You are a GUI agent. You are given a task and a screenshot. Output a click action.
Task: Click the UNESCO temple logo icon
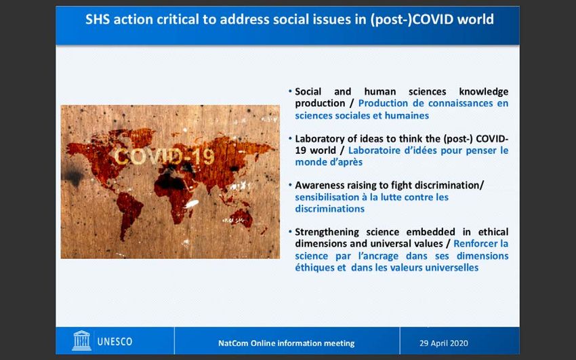click(x=81, y=340)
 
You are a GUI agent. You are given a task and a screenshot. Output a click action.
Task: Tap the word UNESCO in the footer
click(x=115, y=342)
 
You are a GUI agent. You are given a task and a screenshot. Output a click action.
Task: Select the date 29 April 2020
click(x=444, y=344)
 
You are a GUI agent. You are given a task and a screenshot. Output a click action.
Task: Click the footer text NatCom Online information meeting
click(x=287, y=344)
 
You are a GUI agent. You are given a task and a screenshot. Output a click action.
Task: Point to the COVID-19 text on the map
click(x=164, y=157)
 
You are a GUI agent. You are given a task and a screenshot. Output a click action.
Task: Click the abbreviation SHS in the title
click(x=98, y=19)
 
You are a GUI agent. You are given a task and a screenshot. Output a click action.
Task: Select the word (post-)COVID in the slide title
click(x=412, y=20)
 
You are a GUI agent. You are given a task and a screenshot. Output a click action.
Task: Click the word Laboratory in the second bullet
click(x=321, y=139)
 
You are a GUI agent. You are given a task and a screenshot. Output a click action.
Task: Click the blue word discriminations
click(x=329, y=209)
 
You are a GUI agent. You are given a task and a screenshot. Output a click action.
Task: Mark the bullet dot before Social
click(x=290, y=90)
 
